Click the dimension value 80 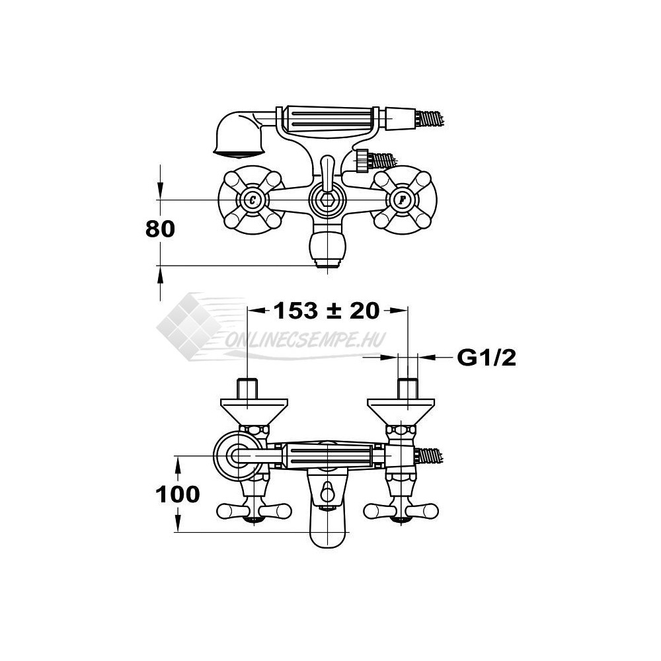coord(160,229)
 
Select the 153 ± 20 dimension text coord(327,311)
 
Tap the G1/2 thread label coord(486,358)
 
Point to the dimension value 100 coord(177,494)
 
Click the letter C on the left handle coord(252,200)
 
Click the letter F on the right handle coord(403,200)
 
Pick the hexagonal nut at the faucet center coord(328,200)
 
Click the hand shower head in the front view coord(238,135)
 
